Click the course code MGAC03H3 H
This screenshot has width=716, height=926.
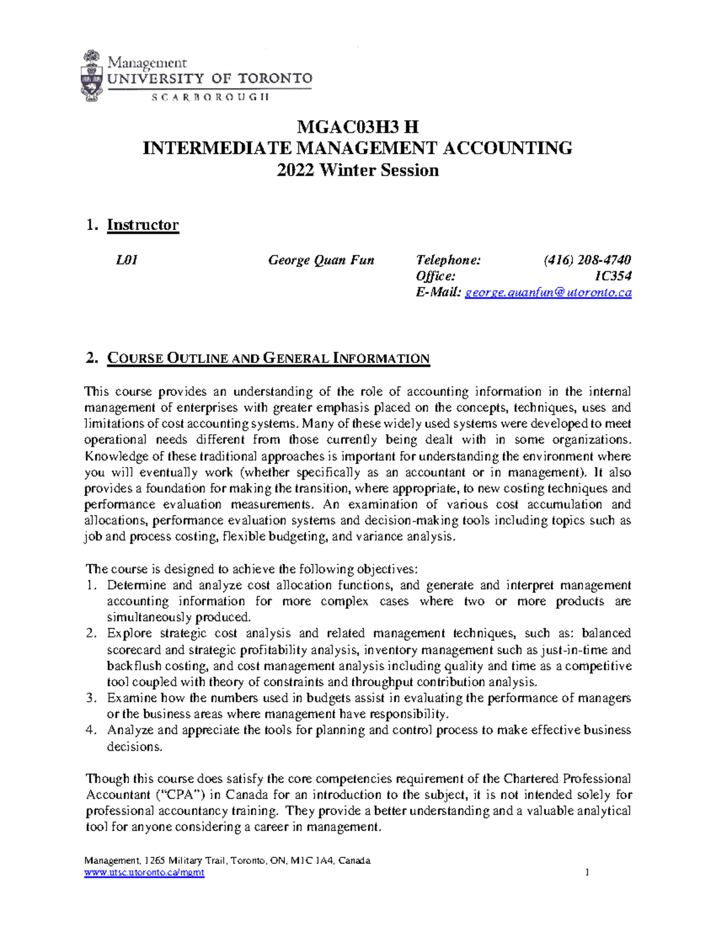coord(357,126)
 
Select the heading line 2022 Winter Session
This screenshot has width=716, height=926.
coord(357,171)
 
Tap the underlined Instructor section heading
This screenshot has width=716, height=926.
coord(143,225)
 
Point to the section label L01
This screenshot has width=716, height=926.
coord(126,260)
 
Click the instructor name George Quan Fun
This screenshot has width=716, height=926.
coord(321,260)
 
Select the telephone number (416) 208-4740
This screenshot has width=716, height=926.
coord(587,260)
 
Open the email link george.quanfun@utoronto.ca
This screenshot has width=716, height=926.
coord(548,293)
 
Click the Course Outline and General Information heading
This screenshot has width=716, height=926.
coord(268,358)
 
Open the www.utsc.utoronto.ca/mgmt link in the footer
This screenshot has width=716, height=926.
coord(144,872)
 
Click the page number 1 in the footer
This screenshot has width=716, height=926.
coord(588,872)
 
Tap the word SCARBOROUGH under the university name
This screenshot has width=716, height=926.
coord(210,97)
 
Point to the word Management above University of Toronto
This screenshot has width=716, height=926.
coord(147,63)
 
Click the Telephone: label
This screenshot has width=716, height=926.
coord(447,260)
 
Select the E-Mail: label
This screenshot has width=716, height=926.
coord(439,293)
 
